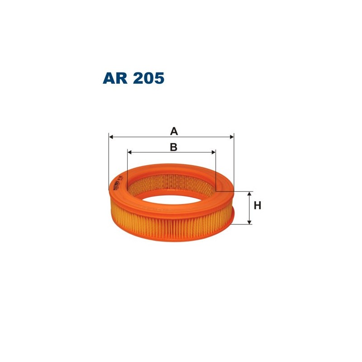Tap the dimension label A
coord(173,132)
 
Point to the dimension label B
coord(173,147)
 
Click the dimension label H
coord(257,205)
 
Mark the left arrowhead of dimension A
coord(112,136)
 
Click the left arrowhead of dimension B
coord(130,152)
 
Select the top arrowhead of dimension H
coord(249,194)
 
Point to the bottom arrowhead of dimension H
coord(249,222)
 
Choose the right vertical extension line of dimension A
coord(234,163)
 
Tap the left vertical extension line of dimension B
coord(128,165)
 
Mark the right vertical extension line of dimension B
coord(216,170)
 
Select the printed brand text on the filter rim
coord(117,184)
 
